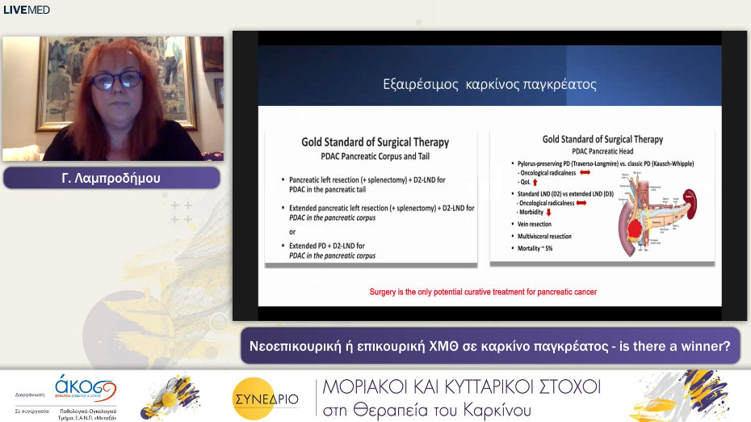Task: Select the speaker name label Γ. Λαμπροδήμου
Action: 111,178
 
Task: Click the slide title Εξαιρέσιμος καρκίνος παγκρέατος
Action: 489,83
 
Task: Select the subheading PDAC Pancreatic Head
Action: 602,151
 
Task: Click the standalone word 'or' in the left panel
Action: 293,231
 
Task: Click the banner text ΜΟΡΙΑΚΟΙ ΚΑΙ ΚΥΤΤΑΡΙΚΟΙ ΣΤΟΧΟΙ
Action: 461,386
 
